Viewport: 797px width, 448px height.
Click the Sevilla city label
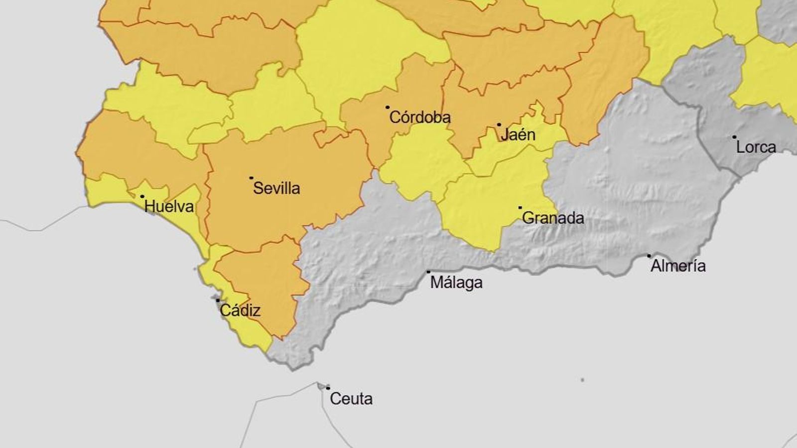[276, 188]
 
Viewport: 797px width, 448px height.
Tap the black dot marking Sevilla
[252, 178]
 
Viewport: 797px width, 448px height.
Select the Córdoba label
[419, 117]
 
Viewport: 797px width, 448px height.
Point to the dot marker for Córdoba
[388, 107]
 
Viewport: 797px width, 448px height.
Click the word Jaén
[518, 134]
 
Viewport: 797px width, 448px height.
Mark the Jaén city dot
[499, 125]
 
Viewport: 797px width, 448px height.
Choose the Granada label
[553, 218]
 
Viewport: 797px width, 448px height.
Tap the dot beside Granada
[521, 208]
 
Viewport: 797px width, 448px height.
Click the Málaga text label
[456, 283]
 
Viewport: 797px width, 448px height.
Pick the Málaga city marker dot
[428, 272]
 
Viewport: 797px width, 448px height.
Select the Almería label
[678, 266]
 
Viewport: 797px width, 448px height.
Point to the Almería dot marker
[649, 256]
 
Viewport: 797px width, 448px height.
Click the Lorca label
[756, 147]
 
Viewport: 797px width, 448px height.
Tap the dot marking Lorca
[734, 137]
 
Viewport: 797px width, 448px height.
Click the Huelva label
[169, 207]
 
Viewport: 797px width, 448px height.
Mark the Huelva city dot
[142, 197]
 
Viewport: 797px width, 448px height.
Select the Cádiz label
[240, 311]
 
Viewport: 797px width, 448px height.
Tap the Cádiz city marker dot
[218, 300]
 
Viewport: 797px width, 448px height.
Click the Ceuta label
[351, 399]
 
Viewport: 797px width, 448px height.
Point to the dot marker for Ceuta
[328, 388]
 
